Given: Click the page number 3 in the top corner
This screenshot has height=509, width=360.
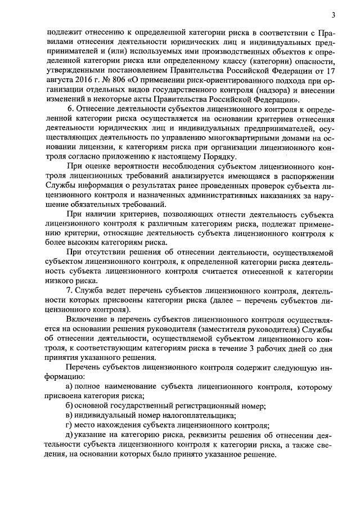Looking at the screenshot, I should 333,15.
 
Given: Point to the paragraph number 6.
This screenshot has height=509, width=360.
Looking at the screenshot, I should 69,107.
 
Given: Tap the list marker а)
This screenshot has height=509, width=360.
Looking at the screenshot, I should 70,387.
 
